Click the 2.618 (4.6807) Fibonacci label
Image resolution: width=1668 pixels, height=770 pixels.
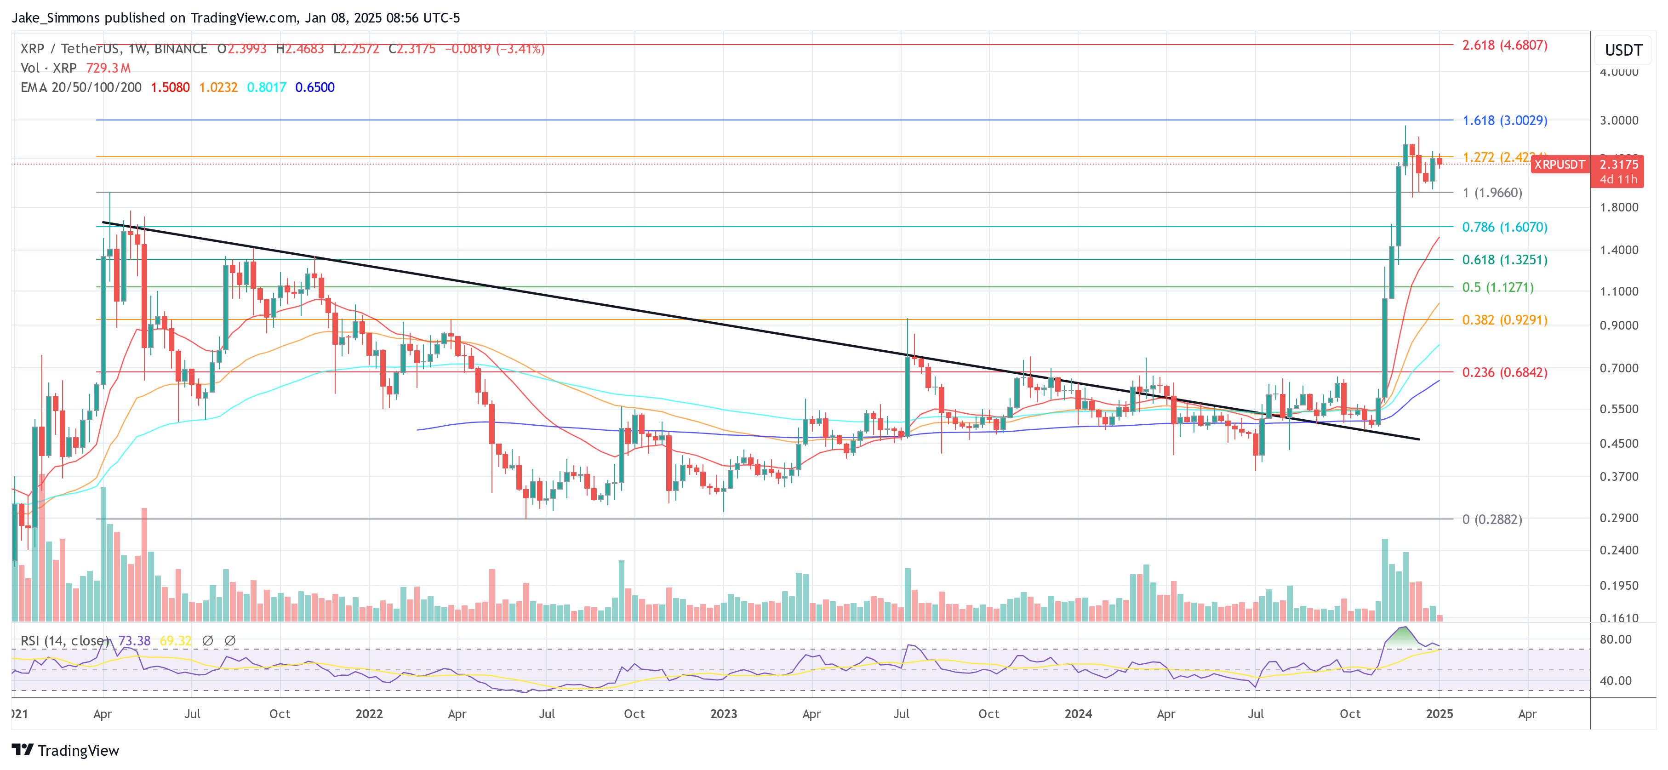1504,46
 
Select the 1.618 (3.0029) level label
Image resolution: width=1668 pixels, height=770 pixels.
1504,120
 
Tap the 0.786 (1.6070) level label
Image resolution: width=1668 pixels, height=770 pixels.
1504,227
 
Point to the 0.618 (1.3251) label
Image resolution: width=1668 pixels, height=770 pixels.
1504,260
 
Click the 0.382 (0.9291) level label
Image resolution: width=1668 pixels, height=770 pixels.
1504,320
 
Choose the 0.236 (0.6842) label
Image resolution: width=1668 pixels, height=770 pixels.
1504,372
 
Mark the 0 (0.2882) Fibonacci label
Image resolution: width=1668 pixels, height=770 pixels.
1491,519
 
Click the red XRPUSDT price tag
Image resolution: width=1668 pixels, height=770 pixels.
1559,165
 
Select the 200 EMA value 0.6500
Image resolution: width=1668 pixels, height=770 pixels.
314,87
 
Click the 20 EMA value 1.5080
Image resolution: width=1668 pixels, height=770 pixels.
170,87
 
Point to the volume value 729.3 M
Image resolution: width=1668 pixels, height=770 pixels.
108,68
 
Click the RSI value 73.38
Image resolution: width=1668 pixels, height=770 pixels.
134,640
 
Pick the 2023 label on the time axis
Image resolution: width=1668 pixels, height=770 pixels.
723,713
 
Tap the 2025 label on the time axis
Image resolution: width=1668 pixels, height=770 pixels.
1439,713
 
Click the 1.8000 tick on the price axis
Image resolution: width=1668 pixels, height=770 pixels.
1618,207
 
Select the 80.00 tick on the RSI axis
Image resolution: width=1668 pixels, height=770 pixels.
1616,639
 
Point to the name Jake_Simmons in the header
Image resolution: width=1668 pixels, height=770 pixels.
56,17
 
